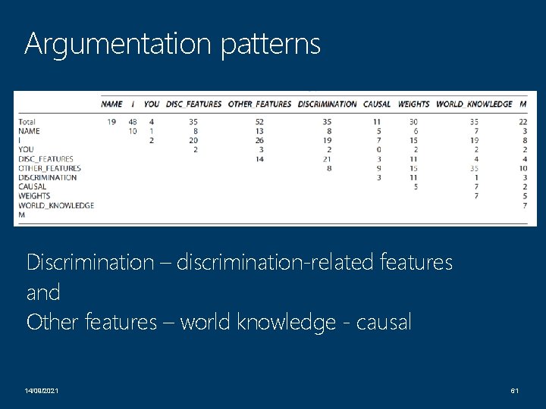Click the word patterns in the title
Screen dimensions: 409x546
click(x=271, y=44)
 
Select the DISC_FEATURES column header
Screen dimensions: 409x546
click(x=193, y=104)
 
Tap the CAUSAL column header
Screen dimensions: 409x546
click(x=377, y=104)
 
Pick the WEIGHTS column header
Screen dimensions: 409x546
click(x=413, y=104)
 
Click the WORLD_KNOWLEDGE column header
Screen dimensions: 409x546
click(x=474, y=104)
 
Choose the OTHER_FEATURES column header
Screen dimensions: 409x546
click(x=259, y=104)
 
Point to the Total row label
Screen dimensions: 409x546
click(x=27, y=122)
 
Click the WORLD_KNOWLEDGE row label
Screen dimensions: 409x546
click(x=56, y=204)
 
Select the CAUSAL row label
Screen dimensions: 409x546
click(x=32, y=186)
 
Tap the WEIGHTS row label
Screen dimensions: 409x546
click(x=34, y=195)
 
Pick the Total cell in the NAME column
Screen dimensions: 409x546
click(x=111, y=122)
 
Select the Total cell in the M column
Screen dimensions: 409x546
click(x=522, y=122)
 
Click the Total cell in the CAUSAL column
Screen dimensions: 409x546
click(x=377, y=122)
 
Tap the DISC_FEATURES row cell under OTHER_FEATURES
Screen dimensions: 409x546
click(x=260, y=159)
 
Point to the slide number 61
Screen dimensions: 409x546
click(x=513, y=389)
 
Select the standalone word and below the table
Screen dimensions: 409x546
click(x=42, y=292)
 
